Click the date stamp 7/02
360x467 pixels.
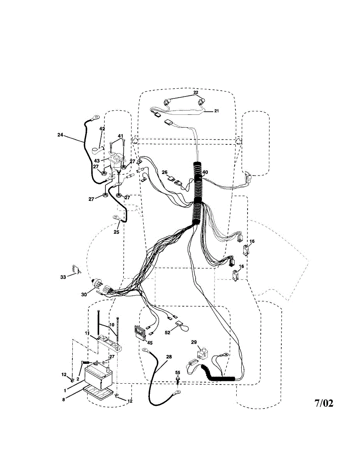(324, 403)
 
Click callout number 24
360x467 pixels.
(60, 135)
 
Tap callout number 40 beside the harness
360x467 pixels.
(205, 172)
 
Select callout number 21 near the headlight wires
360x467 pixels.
(216, 111)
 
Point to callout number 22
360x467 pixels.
(196, 92)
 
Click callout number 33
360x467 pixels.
(63, 277)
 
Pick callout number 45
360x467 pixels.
(150, 342)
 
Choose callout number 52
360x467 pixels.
(167, 332)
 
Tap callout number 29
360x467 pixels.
(194, 342)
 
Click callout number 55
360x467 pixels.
(177, 372)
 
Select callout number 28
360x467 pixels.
(169, 356)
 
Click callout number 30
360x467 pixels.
(84, 294)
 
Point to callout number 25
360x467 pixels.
(116, 232)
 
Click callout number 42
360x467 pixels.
(102, 129)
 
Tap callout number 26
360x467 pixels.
(165, 172)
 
